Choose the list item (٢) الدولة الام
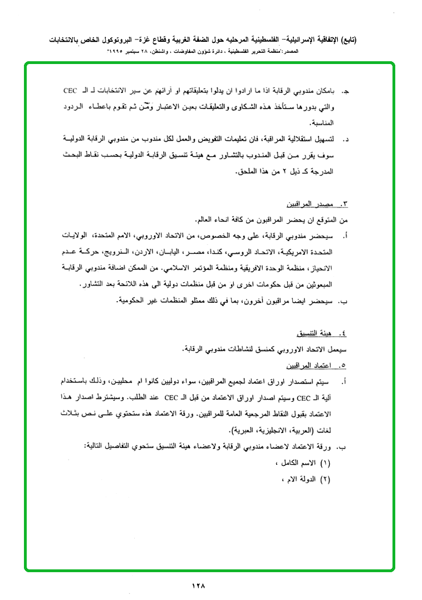[308, 479]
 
